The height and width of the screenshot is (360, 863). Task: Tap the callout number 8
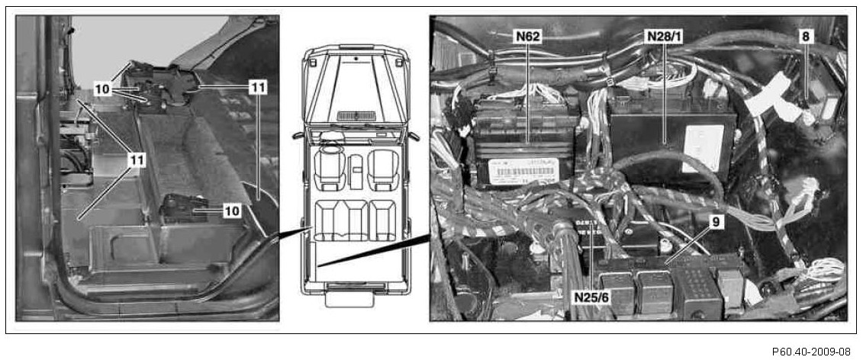[x=805, y=35]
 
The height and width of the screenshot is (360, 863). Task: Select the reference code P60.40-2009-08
[x=811, y=352]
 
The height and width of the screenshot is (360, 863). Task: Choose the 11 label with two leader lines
[x=258, y=88]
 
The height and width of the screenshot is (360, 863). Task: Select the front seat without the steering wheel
[x=383, y=170]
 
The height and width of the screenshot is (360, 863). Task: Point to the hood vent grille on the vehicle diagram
[x=357, y=114]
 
